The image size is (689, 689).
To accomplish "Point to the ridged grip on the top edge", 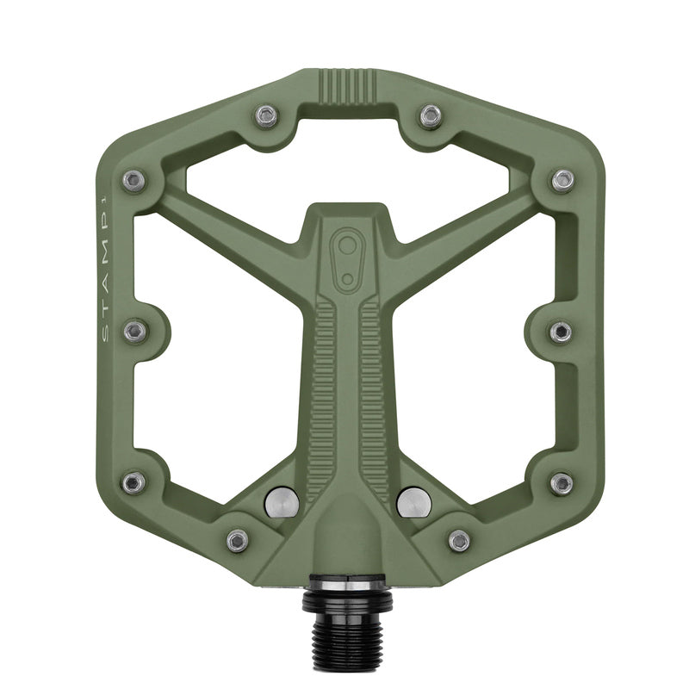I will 348,87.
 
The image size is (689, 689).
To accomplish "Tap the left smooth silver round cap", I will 282,502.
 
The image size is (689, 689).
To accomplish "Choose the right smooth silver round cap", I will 415,502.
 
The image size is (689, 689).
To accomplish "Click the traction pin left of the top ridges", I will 267,115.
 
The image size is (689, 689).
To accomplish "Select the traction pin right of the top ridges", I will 431,115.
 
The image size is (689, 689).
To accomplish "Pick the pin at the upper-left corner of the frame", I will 133,180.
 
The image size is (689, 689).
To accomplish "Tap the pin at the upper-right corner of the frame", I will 562,180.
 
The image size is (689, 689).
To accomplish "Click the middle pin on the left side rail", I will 135,331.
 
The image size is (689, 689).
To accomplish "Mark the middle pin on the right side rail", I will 561,331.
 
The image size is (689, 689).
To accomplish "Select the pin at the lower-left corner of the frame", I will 133,482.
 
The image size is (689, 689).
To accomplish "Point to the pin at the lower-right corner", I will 562,482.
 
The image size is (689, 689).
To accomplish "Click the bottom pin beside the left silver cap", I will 237,540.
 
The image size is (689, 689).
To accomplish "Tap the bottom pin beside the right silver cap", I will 459,540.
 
